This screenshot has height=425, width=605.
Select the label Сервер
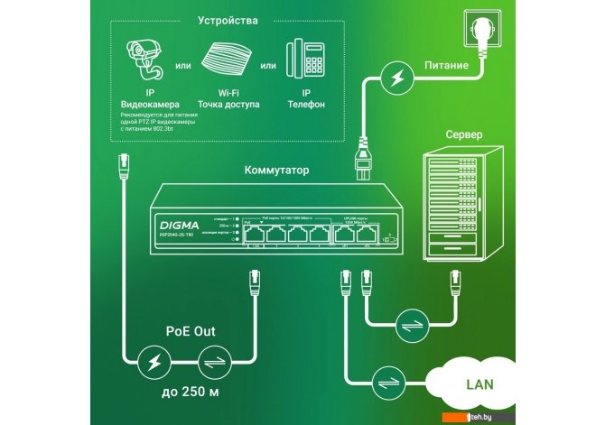(465, 134)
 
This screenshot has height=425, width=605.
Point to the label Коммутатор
(277, 169)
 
